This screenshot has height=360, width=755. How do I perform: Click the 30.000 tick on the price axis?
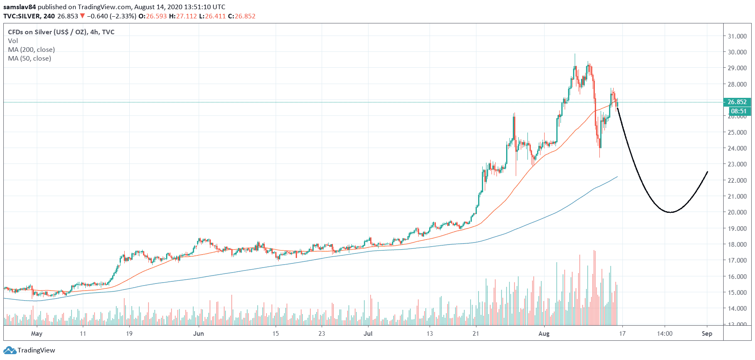point(737,52)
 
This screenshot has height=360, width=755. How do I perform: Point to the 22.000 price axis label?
point(737,180)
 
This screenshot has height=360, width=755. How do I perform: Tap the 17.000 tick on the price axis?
point(737,260)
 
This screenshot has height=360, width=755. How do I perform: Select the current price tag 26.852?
point(737,102)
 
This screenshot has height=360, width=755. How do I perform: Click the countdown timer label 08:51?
point(738,111)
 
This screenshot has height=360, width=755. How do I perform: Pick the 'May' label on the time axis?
point(37,334)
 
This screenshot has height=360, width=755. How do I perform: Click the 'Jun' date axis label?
point(199,334)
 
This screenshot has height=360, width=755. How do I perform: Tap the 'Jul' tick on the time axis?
point(368,334)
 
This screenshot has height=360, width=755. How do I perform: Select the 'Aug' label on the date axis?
point(544,334)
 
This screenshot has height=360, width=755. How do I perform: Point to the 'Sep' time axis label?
point(707,334)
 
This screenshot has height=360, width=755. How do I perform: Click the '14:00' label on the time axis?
point(665,334)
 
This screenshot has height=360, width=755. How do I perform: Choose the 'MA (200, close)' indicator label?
point(31,50)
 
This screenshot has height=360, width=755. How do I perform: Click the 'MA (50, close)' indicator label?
point(30,59)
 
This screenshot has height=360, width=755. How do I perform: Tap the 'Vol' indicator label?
point(13,41)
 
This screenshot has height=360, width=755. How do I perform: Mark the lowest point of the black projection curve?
point(670,212)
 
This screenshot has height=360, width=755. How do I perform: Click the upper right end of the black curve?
point(707,172)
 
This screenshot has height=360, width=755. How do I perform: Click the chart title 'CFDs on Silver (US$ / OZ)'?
point(47,32)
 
